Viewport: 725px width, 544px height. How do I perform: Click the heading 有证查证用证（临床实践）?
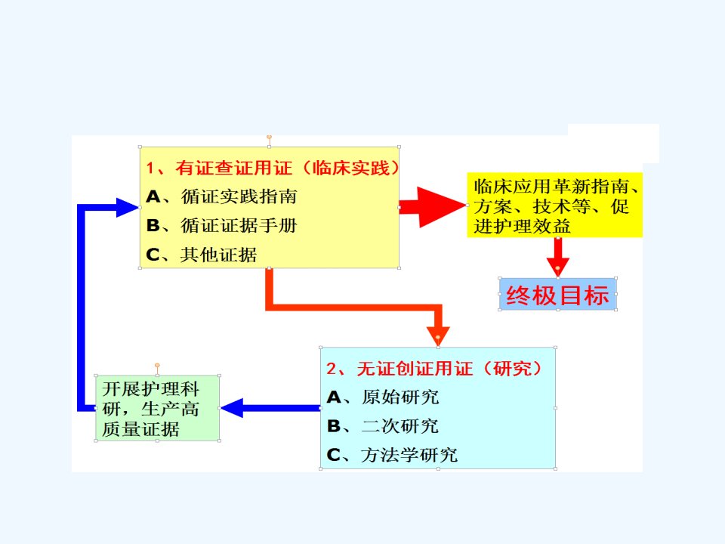click(x=273, y=168)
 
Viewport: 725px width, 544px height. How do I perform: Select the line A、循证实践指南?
click(x=221, y=196)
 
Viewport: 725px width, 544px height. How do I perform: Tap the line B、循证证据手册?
click(x=221, y=226)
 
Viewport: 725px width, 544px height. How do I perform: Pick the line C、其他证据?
click(x=201, y=255)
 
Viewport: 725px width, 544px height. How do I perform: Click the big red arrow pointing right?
click(x=433, y=207)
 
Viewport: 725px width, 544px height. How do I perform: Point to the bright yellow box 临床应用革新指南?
click(x=554, y=205)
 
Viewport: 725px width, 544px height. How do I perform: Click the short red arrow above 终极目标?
click(x=558, y=257)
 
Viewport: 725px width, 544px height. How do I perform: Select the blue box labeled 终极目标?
click(x=557, y=294)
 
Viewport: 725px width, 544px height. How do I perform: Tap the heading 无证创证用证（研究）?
click(x=433, y=369)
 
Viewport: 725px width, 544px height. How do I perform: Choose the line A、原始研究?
click(x=383, y=397)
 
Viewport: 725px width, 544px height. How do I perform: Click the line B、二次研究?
click(x=383, y=426)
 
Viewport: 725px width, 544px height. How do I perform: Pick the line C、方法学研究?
click(x=392, y=455)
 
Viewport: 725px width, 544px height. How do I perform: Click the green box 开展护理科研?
click(x=157, y=408)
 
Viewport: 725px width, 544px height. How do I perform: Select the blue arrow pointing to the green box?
click(x=270, y=408)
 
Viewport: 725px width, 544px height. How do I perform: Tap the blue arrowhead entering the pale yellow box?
click(x=127, y=207)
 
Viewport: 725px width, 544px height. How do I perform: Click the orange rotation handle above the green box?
click(x=157, y=366)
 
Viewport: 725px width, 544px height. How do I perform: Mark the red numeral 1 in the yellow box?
click(x=150, y=168)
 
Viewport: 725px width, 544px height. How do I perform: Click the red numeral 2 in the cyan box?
click(x=332, y=369)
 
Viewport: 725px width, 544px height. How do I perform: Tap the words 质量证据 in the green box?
click(x=140, y=429)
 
